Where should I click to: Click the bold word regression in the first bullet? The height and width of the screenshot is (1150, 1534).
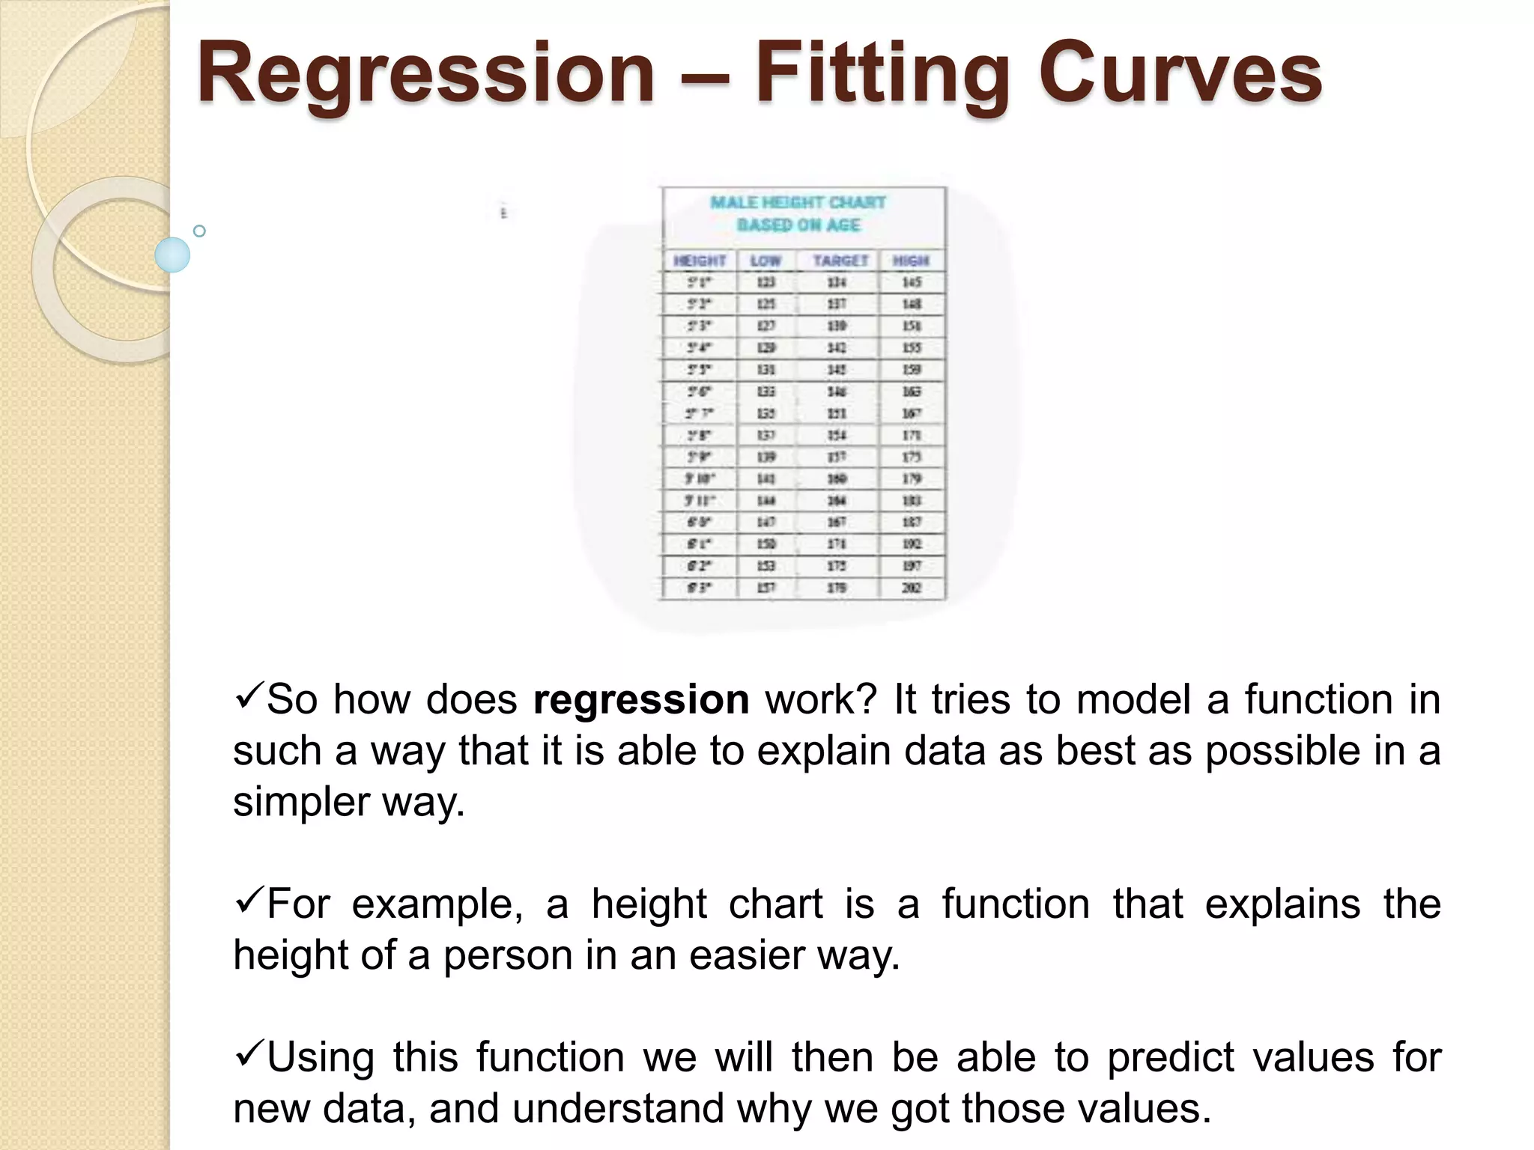641,700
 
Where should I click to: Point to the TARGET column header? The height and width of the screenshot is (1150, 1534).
840,261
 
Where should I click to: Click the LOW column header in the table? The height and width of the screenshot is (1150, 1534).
766,261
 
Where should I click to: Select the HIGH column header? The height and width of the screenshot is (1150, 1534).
911,261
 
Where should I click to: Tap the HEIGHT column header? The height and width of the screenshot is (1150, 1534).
700,261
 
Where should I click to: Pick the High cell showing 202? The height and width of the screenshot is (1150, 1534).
912,588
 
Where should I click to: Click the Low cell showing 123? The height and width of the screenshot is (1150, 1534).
766,282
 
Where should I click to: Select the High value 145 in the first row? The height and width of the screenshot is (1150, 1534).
912,282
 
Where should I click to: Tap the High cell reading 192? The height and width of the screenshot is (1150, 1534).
912,544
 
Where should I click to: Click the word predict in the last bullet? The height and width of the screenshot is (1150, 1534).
1170,1058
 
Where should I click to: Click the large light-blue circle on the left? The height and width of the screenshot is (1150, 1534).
172,255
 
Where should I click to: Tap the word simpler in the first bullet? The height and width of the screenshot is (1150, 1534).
300,803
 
